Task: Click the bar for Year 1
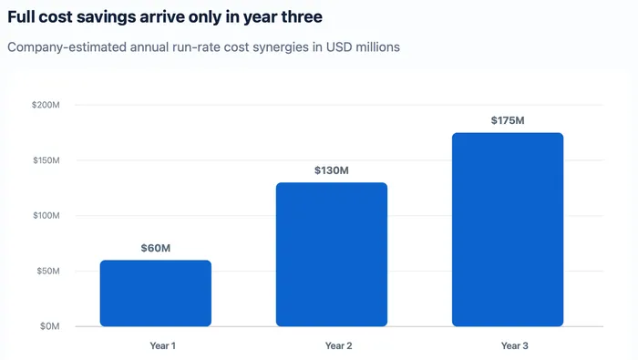tap(156, 293)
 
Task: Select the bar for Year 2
tap(332, 254)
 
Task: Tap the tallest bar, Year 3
tap(508, 230)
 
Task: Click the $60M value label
tap(156, 248)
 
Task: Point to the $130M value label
tap(332, 170)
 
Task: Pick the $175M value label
tap(508, 120)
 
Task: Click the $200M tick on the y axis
tap(46, 105)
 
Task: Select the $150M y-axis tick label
tap(46, 160)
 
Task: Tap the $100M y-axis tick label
tap(46, 216)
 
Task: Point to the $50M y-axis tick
tap(48, 271)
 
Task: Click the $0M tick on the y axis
tap(49, 326)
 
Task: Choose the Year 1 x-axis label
tap(163, 345)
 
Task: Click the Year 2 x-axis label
tap(338, 345)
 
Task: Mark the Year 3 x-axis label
tap(515, 345)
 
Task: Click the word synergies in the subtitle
tap(281, 47)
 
